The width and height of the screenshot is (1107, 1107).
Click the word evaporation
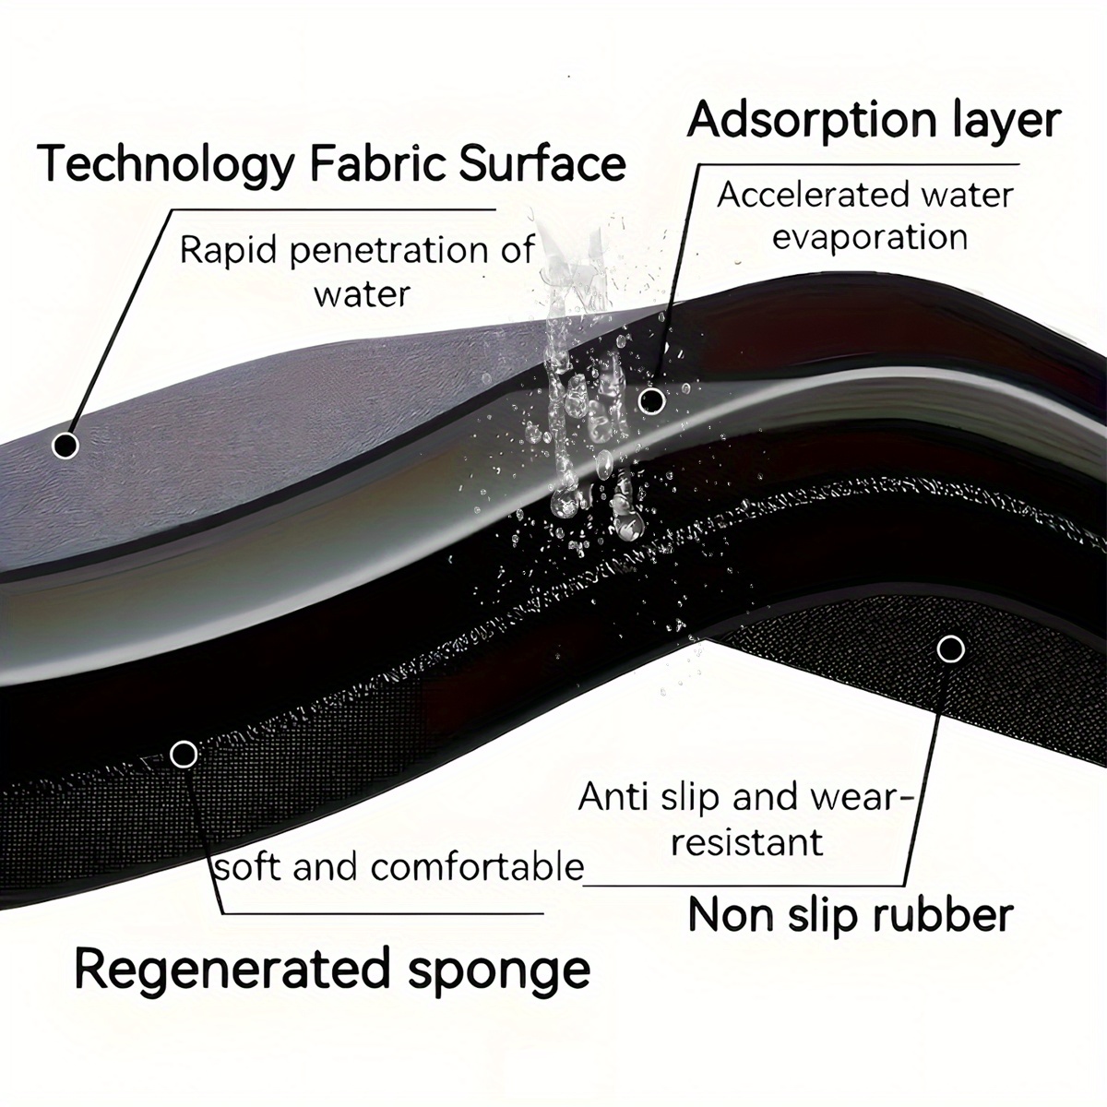[x=870, y=238]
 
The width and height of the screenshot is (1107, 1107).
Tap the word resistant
[x=748, y=843]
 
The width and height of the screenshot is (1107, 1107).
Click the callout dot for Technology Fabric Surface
[x=65, y=445]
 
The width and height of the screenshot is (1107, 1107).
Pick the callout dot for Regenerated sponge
[x=184, y=755]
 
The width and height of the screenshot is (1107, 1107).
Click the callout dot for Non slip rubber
[x=950, y=649]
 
